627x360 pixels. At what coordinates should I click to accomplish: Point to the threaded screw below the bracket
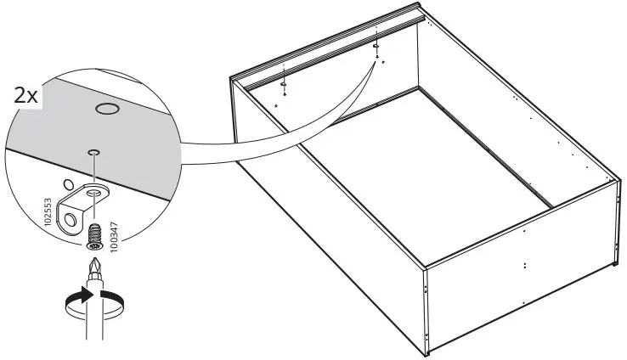coord(93,231)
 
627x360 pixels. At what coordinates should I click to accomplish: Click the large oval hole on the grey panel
coord(106,109)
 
